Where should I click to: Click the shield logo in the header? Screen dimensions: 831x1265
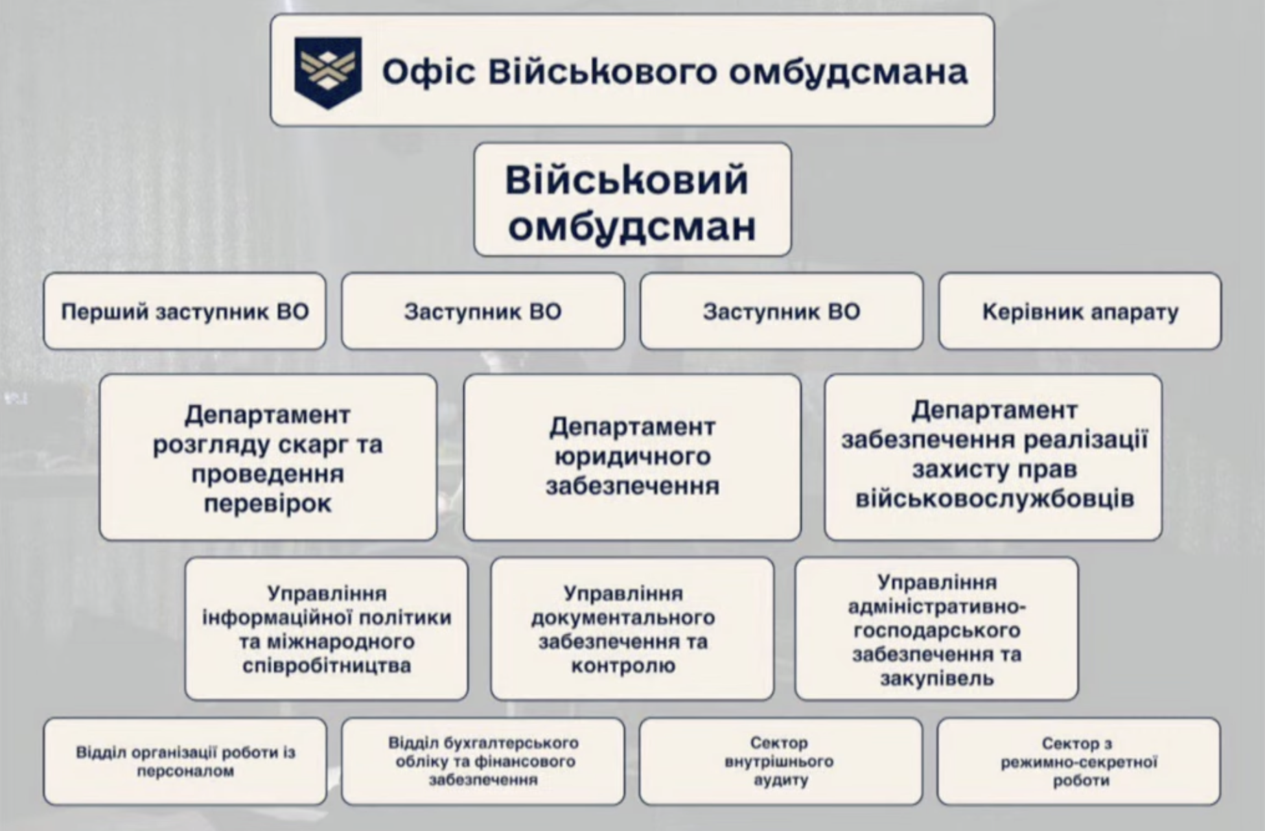click(x=328, y=71)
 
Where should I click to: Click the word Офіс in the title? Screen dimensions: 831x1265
click(x=428, y=71)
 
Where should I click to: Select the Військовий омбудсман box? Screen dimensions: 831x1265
click(x=632, y=200)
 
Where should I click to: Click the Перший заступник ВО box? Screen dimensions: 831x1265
click(x=185, y=312)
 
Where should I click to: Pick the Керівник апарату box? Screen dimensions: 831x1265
click(x=1080, y=312)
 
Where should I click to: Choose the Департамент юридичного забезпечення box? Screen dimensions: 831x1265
click(x=632, y=457)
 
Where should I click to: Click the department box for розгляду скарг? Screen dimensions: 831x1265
click(x=268, y=457)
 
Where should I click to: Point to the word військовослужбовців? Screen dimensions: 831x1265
click(x=994, y=499)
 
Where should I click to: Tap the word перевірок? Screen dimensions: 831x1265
click(x=268, y=504)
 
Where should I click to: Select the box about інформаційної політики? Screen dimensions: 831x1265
click(x=326, y=629)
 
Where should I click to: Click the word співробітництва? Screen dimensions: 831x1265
click(x=326, y=666)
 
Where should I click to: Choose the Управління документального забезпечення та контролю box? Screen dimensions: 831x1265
click(x=632, y=629)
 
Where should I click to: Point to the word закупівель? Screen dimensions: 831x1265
click(x=936, y=679)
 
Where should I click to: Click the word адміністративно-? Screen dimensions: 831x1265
click(x=936, y=607)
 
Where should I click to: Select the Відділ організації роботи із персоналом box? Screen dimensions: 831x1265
click(x=185, y=761)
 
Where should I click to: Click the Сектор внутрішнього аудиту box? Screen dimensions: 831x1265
click(x=780, y=761)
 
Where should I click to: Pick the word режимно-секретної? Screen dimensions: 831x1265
click(x=1079, y=762)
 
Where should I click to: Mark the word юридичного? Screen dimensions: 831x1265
click(x=632, y=457)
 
